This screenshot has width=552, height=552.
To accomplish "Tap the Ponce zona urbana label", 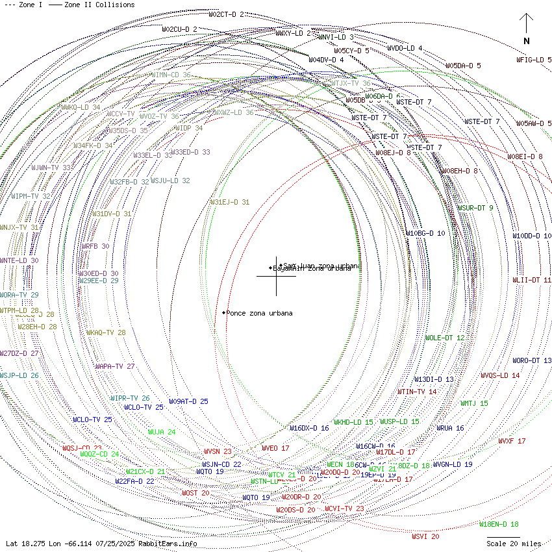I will (259, 313).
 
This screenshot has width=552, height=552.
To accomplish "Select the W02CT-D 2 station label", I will (227, 14).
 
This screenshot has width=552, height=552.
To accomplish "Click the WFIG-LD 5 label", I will (534, 60).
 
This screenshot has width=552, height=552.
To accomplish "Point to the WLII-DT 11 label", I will (532, 280).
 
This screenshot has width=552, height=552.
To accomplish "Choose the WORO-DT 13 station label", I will (532, 360).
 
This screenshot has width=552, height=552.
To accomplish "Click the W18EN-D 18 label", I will (499, 524).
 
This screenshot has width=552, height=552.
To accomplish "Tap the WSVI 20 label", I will (425, 536).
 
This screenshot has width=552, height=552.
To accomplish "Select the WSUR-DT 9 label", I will (475, 208).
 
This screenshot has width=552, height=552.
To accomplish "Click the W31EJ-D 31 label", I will (230, 202).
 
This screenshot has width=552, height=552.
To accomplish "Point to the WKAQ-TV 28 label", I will (106, 332).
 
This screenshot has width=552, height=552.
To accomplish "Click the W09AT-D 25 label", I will (188, 401).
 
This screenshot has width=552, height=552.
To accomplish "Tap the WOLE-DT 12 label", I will (445, 338).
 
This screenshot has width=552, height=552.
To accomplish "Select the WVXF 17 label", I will (512, 441).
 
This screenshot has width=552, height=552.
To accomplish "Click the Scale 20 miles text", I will (514, 544).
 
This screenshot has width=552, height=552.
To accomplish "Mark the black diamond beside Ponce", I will (223, 313).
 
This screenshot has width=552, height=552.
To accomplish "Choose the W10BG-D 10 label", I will (425, 233).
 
